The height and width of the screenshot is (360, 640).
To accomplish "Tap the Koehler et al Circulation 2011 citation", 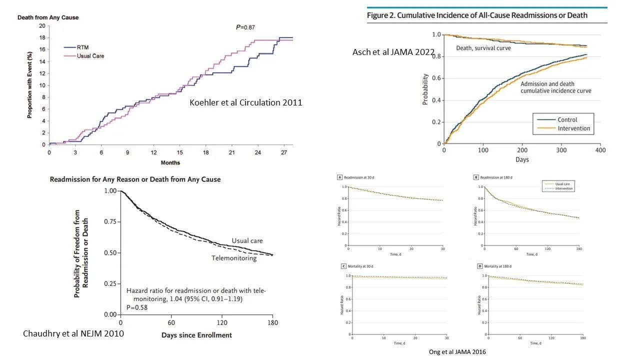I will point(245,102).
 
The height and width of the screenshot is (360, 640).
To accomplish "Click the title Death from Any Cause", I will point(48,17).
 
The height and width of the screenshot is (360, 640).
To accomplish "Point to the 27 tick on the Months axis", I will point(284,151).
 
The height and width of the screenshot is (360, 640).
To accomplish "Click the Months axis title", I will point(170,162).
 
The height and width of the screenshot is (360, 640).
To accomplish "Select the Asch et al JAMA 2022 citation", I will point(393,52).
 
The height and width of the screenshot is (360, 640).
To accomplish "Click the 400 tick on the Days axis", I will point(600,150).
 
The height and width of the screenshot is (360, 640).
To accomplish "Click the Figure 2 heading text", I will point(477,15).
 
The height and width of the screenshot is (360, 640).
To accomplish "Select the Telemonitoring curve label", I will point(234,258).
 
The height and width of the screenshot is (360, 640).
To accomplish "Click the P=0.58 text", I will point(137,307).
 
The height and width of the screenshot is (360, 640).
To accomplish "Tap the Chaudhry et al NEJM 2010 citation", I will point(73,333).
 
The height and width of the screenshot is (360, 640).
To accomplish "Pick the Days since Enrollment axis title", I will point(196,334).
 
